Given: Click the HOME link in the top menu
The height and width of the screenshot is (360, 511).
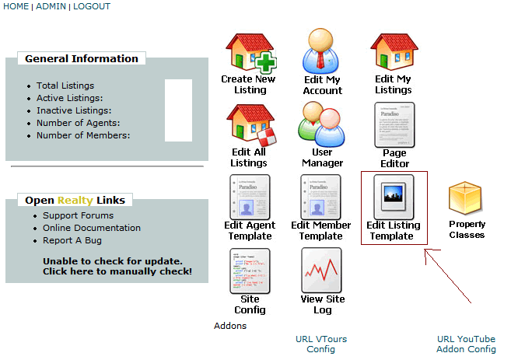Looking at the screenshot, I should point(16,6).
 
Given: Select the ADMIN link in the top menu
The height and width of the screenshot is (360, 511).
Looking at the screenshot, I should point(51,6).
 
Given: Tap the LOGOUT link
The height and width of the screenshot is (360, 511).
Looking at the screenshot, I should point(92,6).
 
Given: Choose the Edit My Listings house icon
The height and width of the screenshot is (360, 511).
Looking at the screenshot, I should point(394,51).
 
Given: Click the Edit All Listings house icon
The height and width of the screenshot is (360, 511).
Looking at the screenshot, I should point(250,124).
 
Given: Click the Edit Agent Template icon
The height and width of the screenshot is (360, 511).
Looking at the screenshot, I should point(250,197).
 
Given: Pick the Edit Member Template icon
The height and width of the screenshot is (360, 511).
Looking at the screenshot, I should point(321,197).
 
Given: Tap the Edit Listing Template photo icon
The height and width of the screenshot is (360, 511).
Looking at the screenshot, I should point(394,197).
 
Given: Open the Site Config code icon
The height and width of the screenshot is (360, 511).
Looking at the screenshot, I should point(250,270).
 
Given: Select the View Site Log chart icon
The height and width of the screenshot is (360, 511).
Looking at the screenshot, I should point(322,270).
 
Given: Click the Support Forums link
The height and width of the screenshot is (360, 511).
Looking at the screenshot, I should point(78,215).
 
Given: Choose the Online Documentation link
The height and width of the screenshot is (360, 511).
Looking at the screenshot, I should point(92,228).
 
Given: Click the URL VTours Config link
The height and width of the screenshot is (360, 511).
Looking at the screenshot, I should point(321,344).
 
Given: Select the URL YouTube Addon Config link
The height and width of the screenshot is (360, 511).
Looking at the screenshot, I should point(466,344).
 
